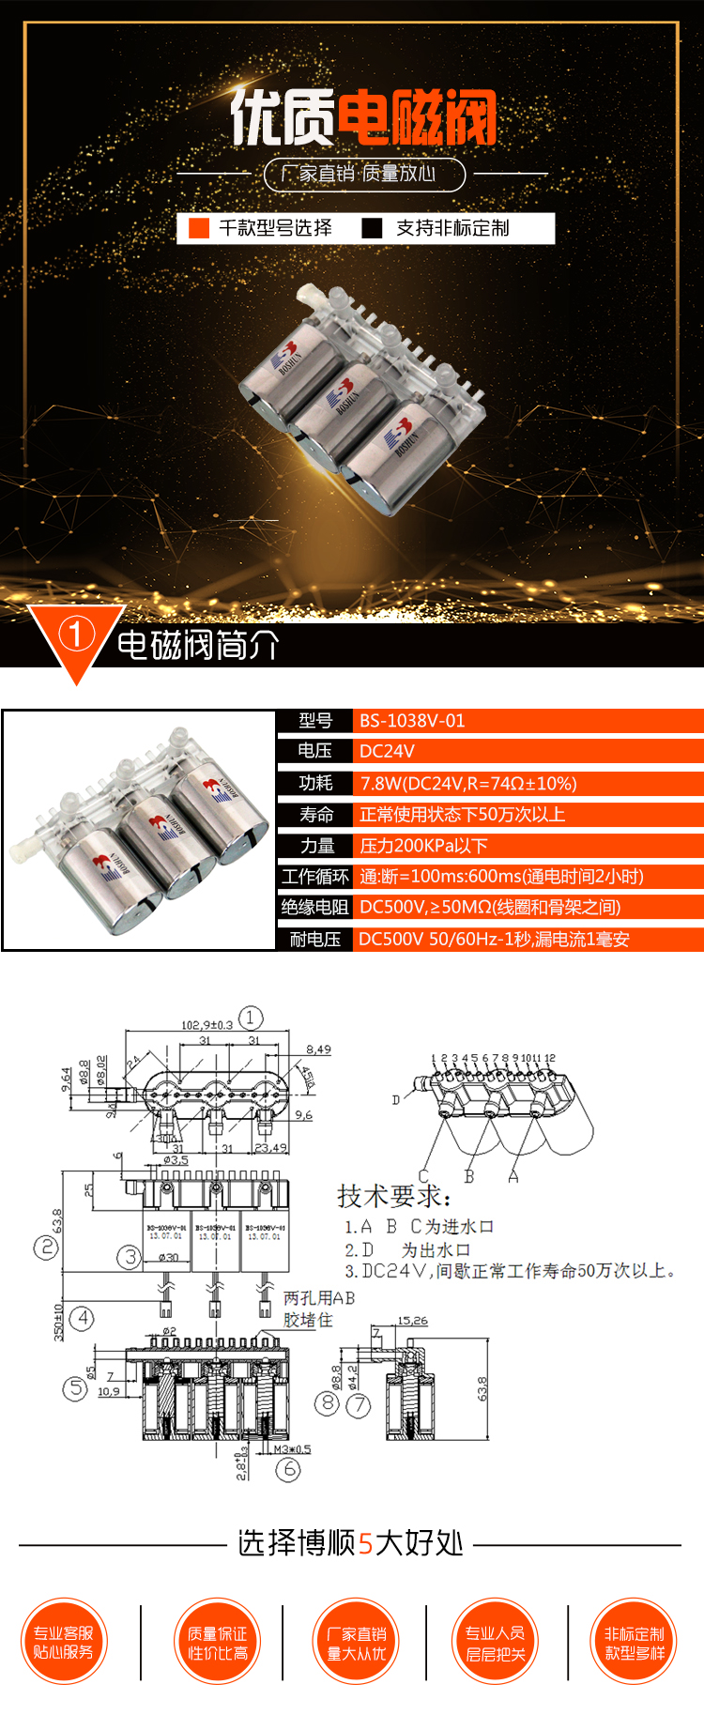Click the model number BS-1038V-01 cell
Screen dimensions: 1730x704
coord(412,721)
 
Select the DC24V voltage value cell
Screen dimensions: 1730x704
coord(387,751)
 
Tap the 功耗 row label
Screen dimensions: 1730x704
coord(315,783)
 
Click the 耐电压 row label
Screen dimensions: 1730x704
coord(314,940)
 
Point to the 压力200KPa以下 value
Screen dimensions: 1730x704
coord(423,846)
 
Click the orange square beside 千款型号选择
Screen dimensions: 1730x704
coord(199,228)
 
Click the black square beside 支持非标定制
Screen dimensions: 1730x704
coord(372,228)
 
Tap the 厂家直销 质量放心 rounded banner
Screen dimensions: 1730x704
coord(364,174)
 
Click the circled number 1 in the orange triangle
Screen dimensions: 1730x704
coord(76,634)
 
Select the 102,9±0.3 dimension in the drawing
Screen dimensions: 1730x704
coord(207,1024)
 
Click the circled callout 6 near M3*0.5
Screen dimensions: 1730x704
coord(288,1469)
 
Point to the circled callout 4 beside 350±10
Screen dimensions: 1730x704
coord(83,1318)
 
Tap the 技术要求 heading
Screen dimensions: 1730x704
coord(393,1196)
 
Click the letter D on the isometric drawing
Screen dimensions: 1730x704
coord(396,1099)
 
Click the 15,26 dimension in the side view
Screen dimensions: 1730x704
coord(412,1321)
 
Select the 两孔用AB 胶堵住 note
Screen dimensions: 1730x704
coord(319,1309)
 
